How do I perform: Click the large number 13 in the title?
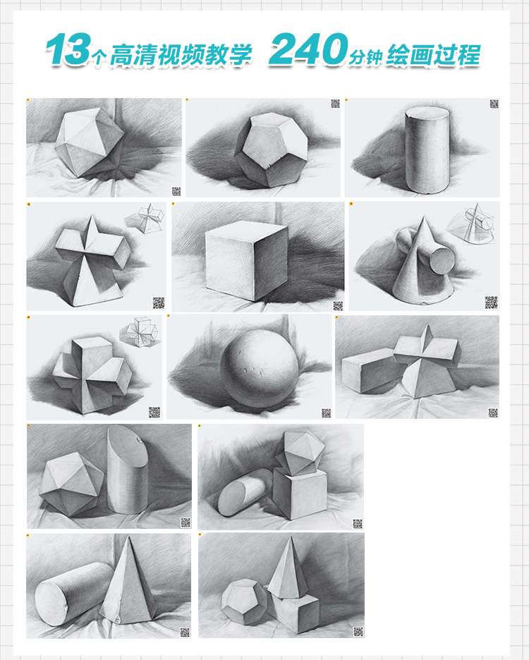tap(68, 49)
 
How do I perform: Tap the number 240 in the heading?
tap(309, 49)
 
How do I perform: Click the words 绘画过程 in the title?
tap(433, 55)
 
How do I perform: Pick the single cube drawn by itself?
tap(247, 259)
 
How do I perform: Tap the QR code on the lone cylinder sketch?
tap(494, 104)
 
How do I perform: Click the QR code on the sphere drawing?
tap(326, 413)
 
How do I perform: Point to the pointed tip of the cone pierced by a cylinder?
tap(422, 216)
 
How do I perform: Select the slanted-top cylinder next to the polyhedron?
tap(127, 469)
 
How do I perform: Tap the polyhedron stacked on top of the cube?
tap(300, 453)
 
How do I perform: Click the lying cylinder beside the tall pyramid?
tap(72, 594)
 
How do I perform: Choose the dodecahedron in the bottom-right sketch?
tap(244, 602)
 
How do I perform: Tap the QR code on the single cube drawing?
tap(338, 305)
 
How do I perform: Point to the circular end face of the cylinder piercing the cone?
tap(441, 261)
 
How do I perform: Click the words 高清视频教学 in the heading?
tap(181, 55)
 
